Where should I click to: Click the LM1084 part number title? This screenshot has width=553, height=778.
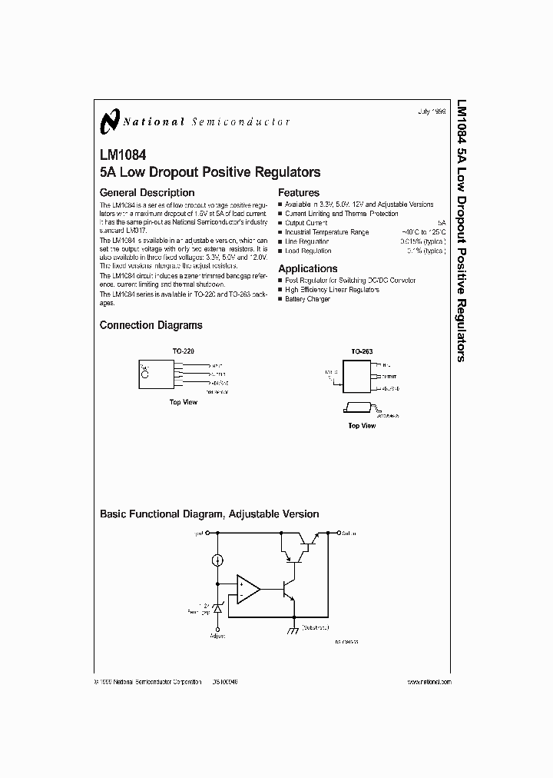pyautogui.click(x=121, y=154)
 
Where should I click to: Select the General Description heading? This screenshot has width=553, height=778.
pyautogui.click(x=147, y=192)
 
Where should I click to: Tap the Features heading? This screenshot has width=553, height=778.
pyautogui.click(x=299, y=192)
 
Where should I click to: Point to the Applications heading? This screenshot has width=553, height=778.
pyautogui.click(x=307, y=268)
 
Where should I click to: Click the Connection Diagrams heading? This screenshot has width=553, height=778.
pyautogui.click(x=151, y=325)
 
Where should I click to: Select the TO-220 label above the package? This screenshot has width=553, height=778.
pyautogui.click(x=183, y=351)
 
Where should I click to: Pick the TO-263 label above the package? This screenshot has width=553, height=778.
pyautogui.click(x=362, y=351)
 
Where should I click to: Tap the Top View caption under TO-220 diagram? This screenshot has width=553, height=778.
pyautogui.click(x=183, y=402)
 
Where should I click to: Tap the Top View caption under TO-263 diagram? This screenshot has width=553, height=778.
pyautogui.click(x=362, y=425)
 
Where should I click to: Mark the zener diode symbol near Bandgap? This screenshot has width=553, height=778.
pyautogui.click(x=217, y=607)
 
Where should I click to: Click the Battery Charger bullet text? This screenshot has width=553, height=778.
pyautogui.click(x=307, y=298)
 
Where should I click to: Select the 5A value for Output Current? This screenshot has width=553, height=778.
pyautogui.click(x=441, y=223)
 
